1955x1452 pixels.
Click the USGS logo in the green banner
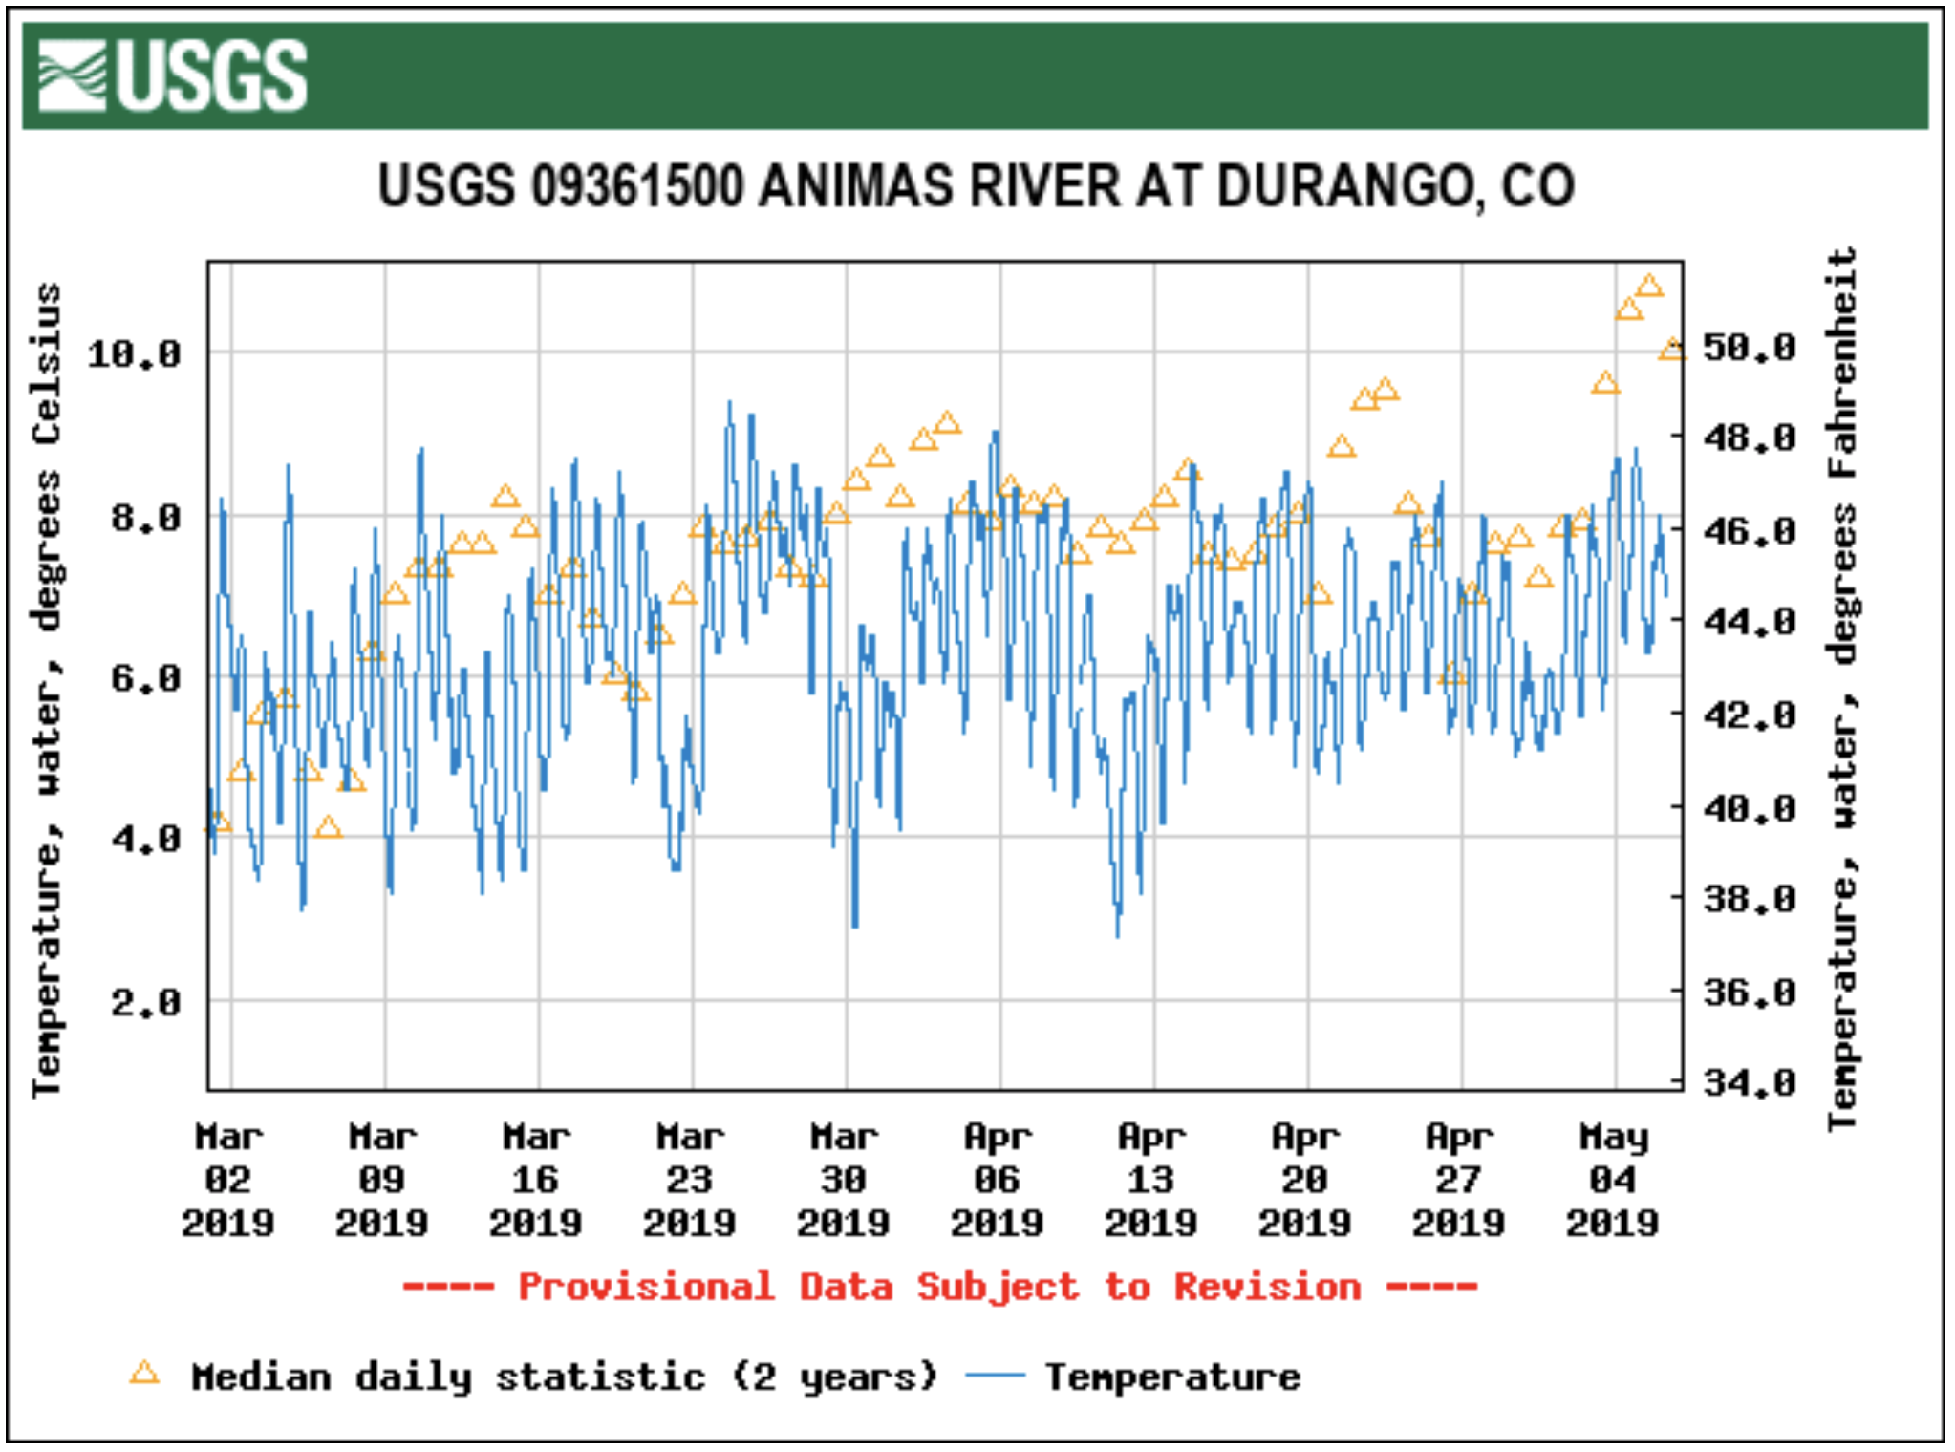click(173, 75)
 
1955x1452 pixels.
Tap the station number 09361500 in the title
click(636, 185)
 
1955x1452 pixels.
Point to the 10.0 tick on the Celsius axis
click(134, 354)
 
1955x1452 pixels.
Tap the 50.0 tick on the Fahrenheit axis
click(1749, 348)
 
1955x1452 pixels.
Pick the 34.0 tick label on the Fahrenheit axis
click(1749, 1083)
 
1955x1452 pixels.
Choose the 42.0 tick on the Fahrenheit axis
click(1749, 715)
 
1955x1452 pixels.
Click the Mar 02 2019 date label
click(228, 1180)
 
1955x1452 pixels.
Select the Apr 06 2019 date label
click(998, 1180)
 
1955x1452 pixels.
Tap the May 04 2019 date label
click(1613, 1180)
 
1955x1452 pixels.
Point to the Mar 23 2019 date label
click(690, 1180)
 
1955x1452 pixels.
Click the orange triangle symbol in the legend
click(144, 1374)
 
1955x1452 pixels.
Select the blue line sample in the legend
click(995, 1377)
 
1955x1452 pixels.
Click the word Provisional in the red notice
click(646, 1287)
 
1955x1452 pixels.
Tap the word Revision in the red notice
click(1267, 1287)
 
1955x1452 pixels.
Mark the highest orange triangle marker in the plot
click(1649, 286)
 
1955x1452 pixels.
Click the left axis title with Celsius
click(47, 688)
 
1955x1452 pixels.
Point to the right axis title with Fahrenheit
click(1842, 688)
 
